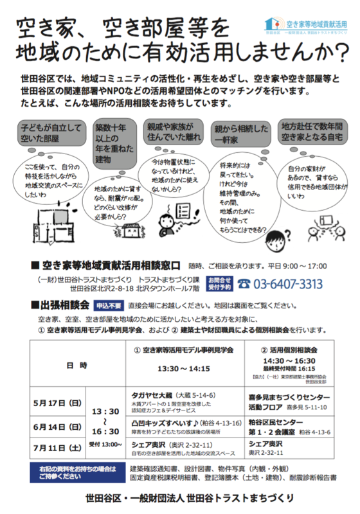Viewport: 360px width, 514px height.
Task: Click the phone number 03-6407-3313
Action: coord(289,284)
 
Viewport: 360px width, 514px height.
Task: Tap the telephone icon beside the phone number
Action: coord(244,284)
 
